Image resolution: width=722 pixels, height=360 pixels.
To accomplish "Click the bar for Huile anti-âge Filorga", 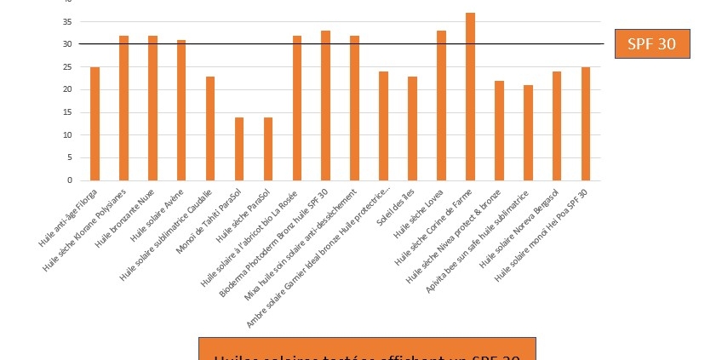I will click(x=95, y=124).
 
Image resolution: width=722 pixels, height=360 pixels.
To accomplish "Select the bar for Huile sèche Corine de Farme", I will click(x=470, y=97).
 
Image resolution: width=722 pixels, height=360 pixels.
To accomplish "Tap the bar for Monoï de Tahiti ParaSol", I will click(x=239, y=149).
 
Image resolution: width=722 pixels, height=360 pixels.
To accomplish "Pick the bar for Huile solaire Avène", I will click(x=181, y=111).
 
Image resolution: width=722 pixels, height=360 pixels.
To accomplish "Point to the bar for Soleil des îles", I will click(x=412, y=129).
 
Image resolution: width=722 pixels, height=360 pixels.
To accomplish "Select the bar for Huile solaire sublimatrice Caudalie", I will click(x=210, y=129).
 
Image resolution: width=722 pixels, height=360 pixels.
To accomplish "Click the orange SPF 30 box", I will click(x=651, y=44).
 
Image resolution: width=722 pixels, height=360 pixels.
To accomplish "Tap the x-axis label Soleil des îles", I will click(x=397, y=208).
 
